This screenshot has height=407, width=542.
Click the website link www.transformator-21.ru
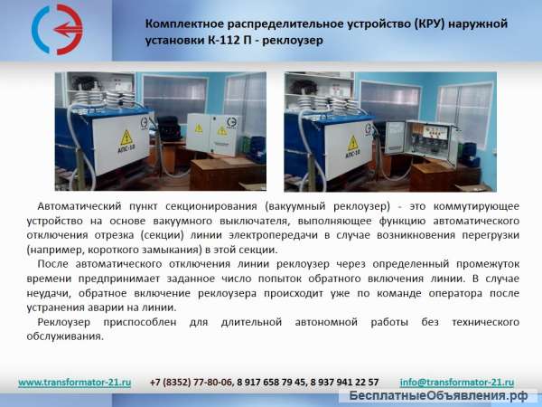tap(75, 383)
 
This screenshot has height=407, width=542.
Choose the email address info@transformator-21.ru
tap(456, 383)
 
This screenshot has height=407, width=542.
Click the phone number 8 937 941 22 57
tap(344, 383)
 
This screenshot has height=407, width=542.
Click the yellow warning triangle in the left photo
tap(126, 137)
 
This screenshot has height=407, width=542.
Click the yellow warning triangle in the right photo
tap(336, 138)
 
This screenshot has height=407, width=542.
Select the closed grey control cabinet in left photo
tap(210, 136)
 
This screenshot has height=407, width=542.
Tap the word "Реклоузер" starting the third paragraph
tap(68, 322)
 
